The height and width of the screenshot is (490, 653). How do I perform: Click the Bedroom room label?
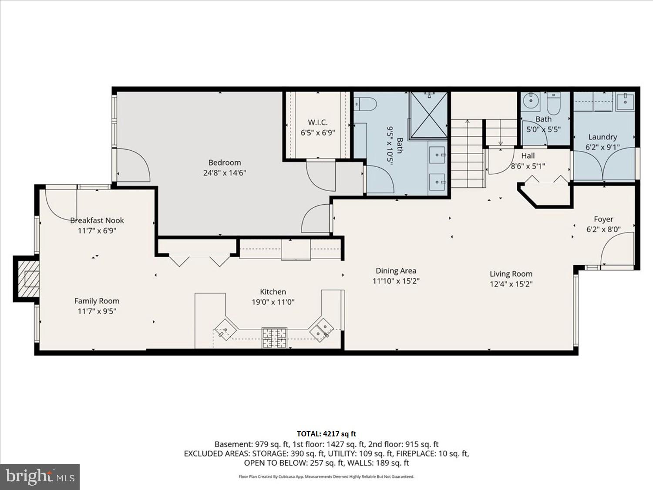pyautogui.click(x=225, y=163)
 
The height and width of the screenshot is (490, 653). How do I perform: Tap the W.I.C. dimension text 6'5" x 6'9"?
pyautogui.click(x=318, y=133)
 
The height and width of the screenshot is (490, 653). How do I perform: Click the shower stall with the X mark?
pyautogui.click(x=429, y=115)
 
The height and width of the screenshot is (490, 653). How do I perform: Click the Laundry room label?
pyautogui.click(x=603, y=137)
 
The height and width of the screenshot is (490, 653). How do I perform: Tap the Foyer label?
pyautogui.click(x=603, y=219)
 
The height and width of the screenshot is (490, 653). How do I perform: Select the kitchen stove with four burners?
pyautogui.click(x=274, y=338)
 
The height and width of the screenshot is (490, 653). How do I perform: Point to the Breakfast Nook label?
pyautogui.click(x=97, y=220)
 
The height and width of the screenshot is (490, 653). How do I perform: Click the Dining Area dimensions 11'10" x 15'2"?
pyautogui.click(x=396, y=281)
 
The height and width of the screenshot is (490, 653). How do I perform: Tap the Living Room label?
pyautogui.click(x=511, y=274)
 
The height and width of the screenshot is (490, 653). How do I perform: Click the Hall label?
pyautogui.click(x=528, y=155)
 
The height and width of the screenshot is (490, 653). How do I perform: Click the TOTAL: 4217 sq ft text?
pyautogui.click(x=326, y=434)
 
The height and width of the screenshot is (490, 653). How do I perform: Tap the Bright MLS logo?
pyautogui.click(x=40, y=476)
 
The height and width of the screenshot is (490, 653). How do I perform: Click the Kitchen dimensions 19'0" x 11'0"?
pyautogui.click(x=273, y=302)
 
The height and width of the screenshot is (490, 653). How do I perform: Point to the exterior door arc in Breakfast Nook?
pyautogui.click(x=61, y=205)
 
